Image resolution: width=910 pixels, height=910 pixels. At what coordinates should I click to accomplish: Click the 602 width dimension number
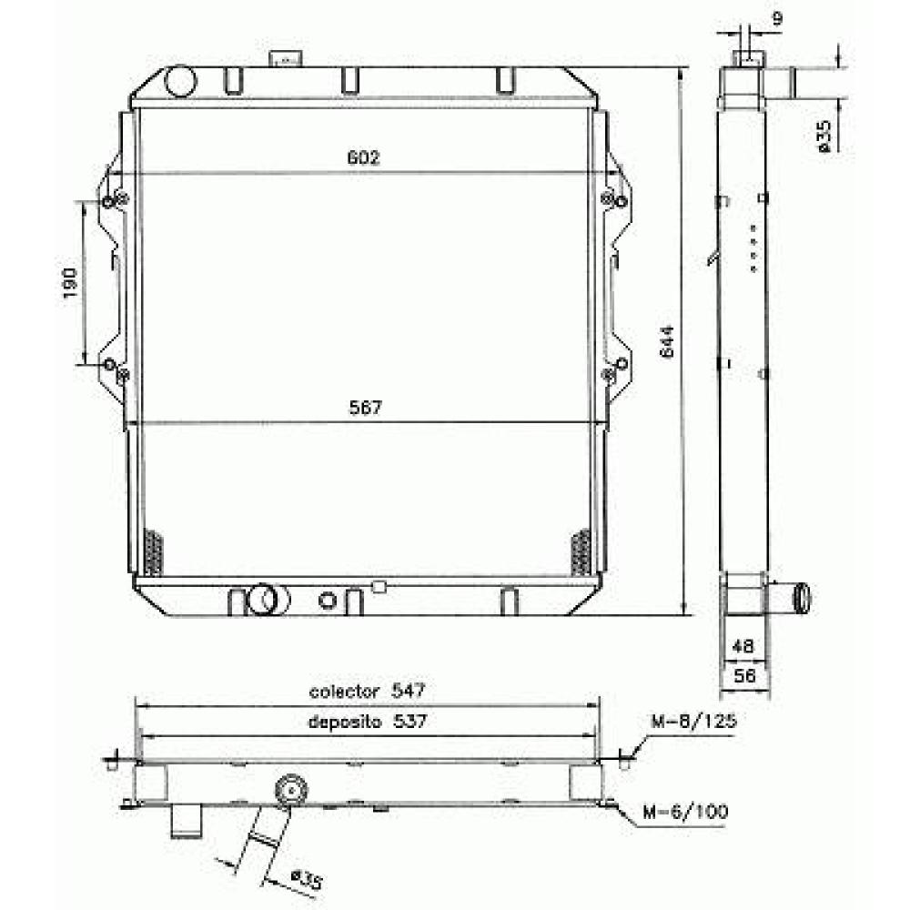pos(363,157)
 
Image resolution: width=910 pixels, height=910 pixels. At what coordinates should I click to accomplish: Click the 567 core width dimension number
pos(363,409)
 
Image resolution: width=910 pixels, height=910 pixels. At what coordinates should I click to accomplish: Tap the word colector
pos(343,692)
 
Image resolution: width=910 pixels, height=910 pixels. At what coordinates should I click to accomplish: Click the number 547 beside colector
pos(409,691)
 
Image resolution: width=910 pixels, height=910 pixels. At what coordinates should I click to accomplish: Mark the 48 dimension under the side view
pos(744,647)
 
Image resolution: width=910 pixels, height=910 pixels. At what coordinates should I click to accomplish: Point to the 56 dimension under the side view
pos(744,676)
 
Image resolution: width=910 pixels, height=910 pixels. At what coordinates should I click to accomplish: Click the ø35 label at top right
pos(824,135)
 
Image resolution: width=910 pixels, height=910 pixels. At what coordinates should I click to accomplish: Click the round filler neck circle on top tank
pos(181,82)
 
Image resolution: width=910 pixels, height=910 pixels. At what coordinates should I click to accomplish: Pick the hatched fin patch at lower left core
pos(154,551)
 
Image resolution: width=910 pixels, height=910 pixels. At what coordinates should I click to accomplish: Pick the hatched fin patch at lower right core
pos(579,551)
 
